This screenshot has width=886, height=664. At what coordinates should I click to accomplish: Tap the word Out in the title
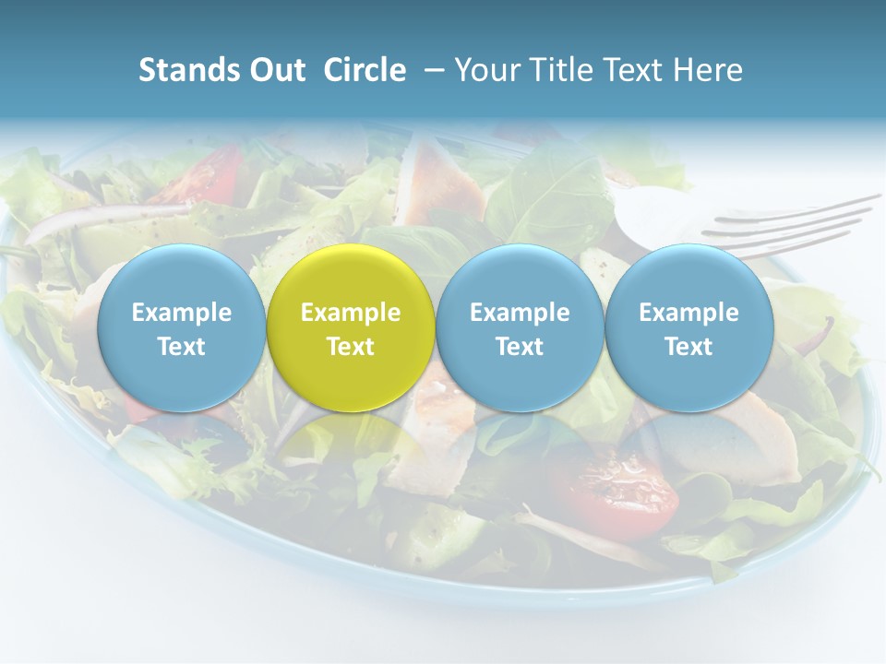[x=274, y=70]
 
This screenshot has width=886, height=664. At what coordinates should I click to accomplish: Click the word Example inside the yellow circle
[x=351, y=313]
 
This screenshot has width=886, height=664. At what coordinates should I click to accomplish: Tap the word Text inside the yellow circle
[x=351, y=347]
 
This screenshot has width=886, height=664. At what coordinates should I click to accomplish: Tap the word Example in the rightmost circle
[x=689, y=313]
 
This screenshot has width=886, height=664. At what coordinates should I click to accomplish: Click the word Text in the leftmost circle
[x=181, y=347]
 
